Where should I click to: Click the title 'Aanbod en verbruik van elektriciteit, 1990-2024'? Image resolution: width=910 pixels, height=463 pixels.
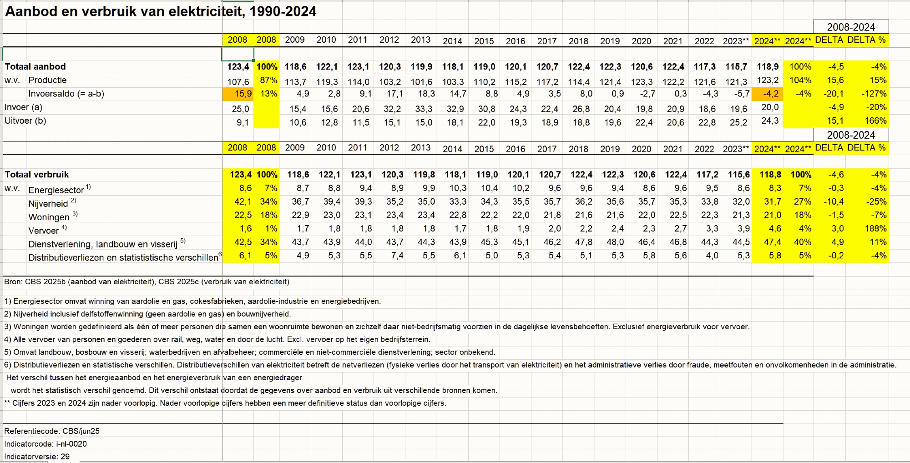161,11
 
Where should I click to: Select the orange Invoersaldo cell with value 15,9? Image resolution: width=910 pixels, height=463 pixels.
238,94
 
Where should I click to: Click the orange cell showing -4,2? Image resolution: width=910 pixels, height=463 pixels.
768,94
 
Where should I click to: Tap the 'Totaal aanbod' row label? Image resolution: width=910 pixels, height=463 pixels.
35,66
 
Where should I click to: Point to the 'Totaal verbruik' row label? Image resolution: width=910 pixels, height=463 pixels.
37,174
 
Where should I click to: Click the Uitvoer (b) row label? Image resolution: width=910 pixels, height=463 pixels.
25,121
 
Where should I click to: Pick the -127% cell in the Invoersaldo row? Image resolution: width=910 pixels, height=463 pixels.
874,94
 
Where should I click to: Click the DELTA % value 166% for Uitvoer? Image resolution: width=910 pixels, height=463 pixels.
875,121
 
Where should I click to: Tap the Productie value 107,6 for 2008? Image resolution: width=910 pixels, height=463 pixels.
238,82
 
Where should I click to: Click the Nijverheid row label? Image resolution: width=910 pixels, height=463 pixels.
48,203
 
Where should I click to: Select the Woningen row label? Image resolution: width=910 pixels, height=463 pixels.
49,217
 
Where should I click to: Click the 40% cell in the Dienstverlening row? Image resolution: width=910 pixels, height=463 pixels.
802,242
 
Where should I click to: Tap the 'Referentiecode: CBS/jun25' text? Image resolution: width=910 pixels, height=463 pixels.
52,431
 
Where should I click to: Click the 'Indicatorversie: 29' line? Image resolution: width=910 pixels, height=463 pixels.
37,457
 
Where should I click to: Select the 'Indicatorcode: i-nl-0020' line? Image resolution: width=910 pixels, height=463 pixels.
45,444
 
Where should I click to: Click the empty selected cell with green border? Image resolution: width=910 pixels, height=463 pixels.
238,54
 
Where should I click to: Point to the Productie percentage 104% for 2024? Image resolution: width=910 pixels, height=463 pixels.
800,80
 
